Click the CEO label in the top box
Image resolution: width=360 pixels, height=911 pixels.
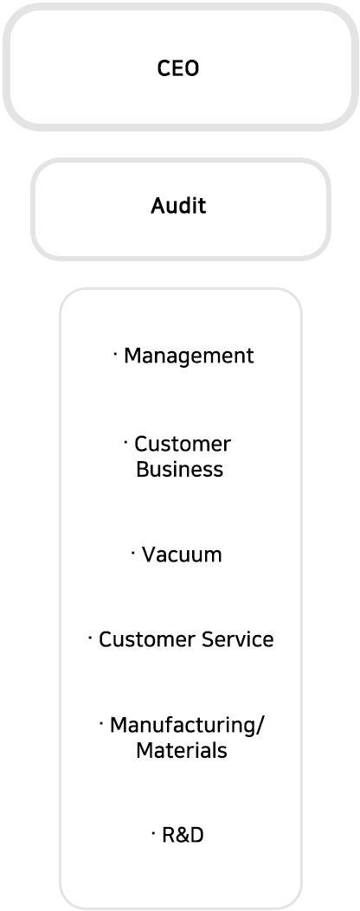178,68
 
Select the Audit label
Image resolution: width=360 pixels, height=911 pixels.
178,205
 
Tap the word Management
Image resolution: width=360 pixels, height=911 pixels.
189,356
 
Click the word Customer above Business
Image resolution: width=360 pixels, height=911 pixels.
183,444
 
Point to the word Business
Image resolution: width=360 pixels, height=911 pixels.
180,469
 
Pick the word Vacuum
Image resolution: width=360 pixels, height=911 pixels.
182,555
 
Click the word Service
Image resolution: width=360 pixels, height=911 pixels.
238,639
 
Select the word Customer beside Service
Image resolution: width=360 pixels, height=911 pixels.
148,639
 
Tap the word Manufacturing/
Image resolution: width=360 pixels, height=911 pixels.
187,725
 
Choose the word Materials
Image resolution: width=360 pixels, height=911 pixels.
182,750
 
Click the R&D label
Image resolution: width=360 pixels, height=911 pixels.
183,836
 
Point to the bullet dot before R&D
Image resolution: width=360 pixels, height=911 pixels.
153,832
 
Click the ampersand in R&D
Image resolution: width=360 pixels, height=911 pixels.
182,836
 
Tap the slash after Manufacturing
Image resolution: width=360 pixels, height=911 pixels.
260,726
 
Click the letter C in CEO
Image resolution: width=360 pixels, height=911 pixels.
164,68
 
